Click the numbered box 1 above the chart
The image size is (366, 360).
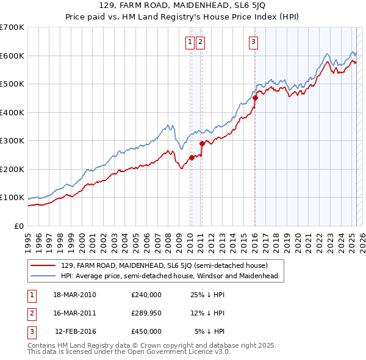click(190, 42)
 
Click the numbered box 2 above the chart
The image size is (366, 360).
click(200, 42)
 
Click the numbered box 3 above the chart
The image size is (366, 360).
click(253, 42)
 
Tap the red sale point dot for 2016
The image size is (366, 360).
click(256, 98)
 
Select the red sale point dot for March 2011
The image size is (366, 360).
click(202, 143)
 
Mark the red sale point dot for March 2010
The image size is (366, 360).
click(192, 157)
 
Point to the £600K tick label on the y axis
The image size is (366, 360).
click(12, 56)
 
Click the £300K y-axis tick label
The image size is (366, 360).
click(12, 140)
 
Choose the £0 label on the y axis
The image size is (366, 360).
click(20, 226)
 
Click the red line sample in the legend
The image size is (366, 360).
click(43, 265)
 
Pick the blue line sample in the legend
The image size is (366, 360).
click(43, 276)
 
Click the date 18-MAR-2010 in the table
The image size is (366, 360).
click(74, 295)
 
